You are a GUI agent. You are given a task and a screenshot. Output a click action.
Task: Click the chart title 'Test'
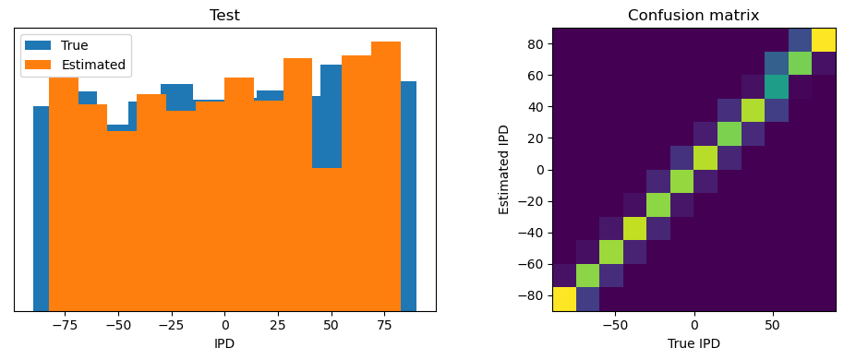[224, 15]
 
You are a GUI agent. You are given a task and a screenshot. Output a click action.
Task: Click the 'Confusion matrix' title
[693, 15]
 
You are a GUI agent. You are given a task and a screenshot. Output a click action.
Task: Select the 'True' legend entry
[74, 45]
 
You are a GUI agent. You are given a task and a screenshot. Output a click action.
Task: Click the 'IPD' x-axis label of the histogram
[224, 343]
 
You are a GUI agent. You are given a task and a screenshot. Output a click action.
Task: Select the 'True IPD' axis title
[693, 343]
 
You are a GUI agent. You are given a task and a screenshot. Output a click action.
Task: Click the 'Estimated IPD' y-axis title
[504, 170]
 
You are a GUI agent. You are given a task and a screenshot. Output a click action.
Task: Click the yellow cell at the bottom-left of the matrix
[564, 299]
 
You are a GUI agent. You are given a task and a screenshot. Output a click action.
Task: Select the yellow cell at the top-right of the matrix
[824, 40]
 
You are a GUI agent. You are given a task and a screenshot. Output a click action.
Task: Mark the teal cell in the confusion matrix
[777, 87]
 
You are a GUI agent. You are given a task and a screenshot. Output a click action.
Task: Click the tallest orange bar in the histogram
[385, 175]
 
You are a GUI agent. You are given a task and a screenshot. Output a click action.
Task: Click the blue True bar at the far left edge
[41, 208]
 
